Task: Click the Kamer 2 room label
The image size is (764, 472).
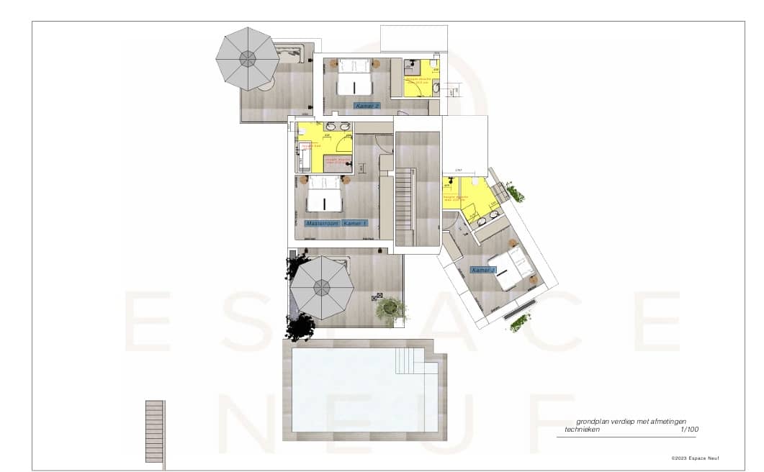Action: (367, 106)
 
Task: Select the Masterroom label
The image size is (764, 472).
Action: (322, 224)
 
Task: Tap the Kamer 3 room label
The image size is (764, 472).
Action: (483, 271)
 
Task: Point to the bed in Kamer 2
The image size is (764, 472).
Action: (354, 77)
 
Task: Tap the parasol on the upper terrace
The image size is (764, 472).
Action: (248, 59)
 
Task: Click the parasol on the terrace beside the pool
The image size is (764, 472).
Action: (321, 288)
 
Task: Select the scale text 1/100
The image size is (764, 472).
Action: (689, 430)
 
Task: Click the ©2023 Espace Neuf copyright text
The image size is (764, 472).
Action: (695, 458)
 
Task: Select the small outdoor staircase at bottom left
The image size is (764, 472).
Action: (154, 431)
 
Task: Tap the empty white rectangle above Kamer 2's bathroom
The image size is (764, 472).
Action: (414, 38)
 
